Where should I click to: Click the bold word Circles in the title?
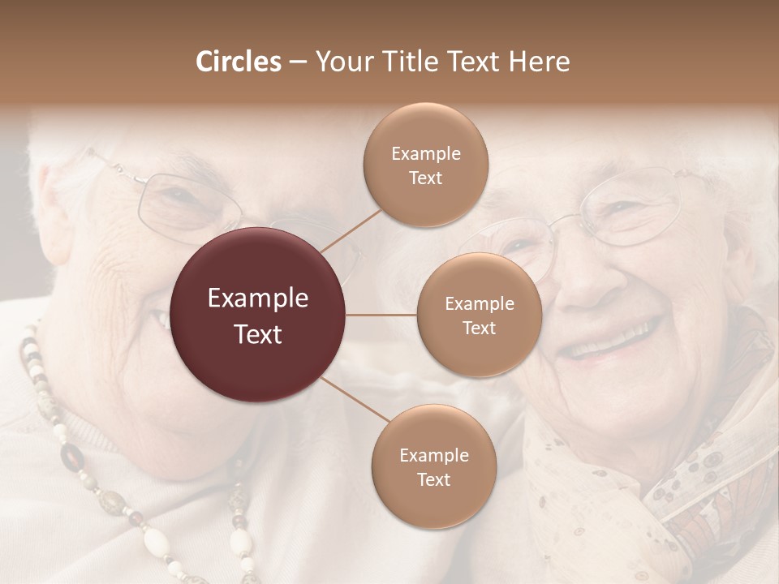pyautogui.click(x=238, y=62)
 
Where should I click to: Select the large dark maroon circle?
pyautogui.click(x=258, y=315)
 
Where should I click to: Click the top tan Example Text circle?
pyautogui.click(x=426, y=165)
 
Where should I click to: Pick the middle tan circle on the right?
pyautogui.click(x=480, y=316)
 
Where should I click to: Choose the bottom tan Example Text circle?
pyautogui.click(x=434, y=467)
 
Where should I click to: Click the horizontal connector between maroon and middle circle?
pyautogui.click(x=381, y=315)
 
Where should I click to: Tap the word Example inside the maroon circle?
pyautogui.click(x=258, y=298)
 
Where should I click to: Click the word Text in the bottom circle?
pyautogui.click(x=433, y=479)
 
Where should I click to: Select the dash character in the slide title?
pyautogui.click(x=298, y=62)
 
